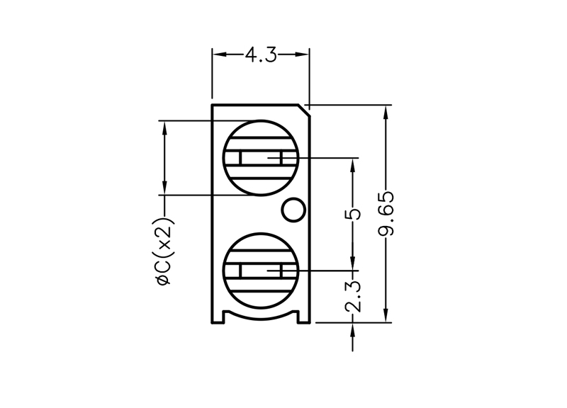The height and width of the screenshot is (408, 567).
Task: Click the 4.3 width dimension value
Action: pos(261,55)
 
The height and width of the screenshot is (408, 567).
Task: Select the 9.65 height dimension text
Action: pos(387,214)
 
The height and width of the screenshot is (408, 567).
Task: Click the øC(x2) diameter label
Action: pos(164,252)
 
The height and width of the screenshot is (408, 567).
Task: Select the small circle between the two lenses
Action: pos(293,210)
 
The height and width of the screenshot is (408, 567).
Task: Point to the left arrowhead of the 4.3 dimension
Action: pos(218,55)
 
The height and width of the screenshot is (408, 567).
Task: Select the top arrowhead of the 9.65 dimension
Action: pos(387,112)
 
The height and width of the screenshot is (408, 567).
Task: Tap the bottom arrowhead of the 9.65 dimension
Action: pos(387,317)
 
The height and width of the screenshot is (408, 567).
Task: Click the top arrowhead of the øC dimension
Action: pos(164,125)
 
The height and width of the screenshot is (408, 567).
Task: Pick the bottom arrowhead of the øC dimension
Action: pos(164,188)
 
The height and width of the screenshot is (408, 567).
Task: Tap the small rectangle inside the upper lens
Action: pos(261,157)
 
